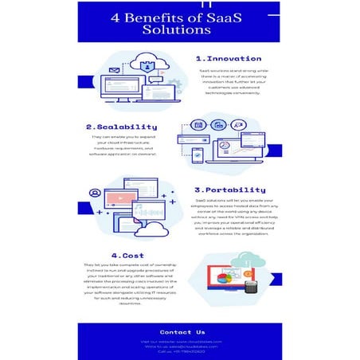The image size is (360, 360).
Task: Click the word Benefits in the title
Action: pyautogui.click(x=159, y=16)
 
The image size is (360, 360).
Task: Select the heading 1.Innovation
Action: pyautogui.click(x=228, y=58)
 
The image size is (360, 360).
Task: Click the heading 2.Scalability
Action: pyautogui.click(x=121, y=126)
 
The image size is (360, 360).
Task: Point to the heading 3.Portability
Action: pyautogui.click(x=229, y=190)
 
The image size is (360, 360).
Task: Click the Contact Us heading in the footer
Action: pyautogui.click(x=182, y=331)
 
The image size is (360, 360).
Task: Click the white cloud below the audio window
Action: pyautogui.click(x=151, y=229)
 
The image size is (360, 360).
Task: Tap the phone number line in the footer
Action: pyautogui.click(x=182, y=352)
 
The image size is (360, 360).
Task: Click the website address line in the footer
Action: pyautogui.click(x=182, y=341)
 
